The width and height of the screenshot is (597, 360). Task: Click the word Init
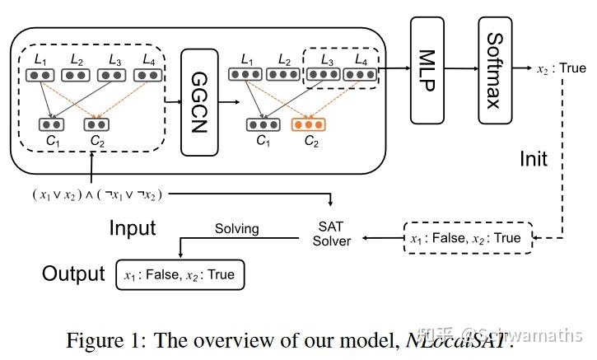[533, 157]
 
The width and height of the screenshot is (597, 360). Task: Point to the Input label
[133, 227]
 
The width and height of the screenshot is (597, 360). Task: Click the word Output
[73, 274]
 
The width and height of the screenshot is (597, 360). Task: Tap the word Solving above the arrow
[236, 228]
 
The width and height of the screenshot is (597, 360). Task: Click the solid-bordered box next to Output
[180, 275]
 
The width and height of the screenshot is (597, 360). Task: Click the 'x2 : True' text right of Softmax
[561, 68]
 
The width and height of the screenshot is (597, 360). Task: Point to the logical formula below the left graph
[98, 194]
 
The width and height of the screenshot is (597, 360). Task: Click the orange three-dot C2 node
[309, 125]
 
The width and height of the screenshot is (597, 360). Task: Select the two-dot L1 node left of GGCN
[38, 75]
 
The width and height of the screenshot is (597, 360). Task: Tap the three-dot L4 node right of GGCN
[359, 75]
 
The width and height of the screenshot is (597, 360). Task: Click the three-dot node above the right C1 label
[263, 125]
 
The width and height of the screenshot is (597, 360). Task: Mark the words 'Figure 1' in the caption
[98, 339]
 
